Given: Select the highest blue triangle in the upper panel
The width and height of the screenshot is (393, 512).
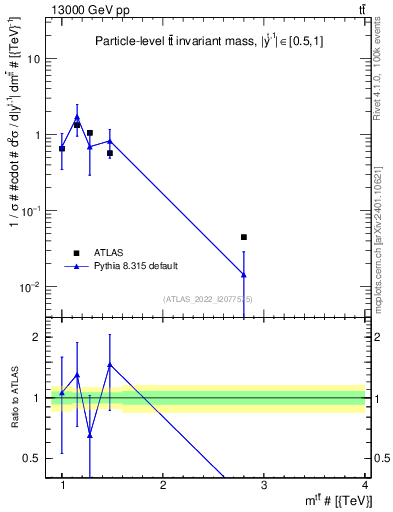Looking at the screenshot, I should (x=77, y=117).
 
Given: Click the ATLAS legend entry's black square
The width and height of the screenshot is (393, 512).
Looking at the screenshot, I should (x=76, y=252).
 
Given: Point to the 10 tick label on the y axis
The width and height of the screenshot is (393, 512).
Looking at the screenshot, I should (x=33, y=59).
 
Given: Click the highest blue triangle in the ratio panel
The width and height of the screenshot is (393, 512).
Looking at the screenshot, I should (x=110, y=365).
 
